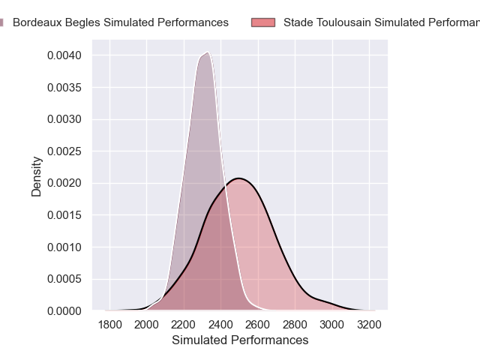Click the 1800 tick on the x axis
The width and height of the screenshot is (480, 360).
click(109, 325)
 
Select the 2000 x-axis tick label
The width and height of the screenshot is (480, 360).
click(147, 325)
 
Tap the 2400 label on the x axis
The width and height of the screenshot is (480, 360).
click(220, 325)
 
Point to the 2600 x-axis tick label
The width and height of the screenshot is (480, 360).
click(258, 325)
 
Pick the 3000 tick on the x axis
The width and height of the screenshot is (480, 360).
click(331, 325)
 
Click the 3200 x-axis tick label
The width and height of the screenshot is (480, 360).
click(368, 325)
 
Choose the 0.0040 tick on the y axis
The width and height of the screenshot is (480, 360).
click(67, 55)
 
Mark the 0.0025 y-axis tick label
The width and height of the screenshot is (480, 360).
click(67, 151)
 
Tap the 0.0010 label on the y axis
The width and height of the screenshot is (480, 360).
click(67, 247)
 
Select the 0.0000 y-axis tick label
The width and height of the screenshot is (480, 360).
click(67, 310)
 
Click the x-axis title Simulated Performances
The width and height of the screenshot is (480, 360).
click(240, 340)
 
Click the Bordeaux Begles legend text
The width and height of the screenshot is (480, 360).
click(121, 22)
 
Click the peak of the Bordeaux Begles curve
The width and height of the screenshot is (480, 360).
click(206, 52)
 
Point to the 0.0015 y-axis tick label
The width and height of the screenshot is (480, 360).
click(67, 215)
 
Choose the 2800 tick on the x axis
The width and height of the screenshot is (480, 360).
click(295, 325)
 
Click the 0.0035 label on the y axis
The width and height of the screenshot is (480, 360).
click(67, 88)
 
